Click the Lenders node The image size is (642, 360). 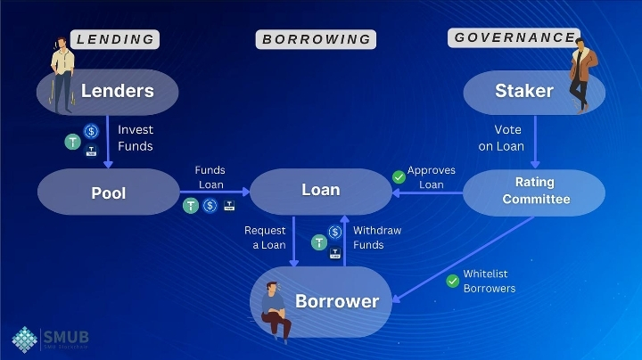coord(117,91)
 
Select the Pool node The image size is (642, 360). coord(108,192)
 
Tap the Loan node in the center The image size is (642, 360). coord(320,191)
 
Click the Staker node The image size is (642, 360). coord(524,91)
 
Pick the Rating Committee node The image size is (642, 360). coord(535,191)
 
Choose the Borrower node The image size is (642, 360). coord(336,301)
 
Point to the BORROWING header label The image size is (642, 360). coord(316,39)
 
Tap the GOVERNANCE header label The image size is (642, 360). coord(514,37)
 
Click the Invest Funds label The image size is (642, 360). coord(136,138)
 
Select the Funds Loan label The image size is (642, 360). coord(210,177)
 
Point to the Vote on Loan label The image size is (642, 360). coord(508,138)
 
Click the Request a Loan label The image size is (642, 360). coord(265,238)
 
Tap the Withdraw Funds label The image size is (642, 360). coord(377,238)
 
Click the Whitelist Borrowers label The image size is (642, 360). coord(490,282)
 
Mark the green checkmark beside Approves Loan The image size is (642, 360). coord(398,177)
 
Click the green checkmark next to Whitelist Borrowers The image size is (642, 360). coord(452,282)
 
